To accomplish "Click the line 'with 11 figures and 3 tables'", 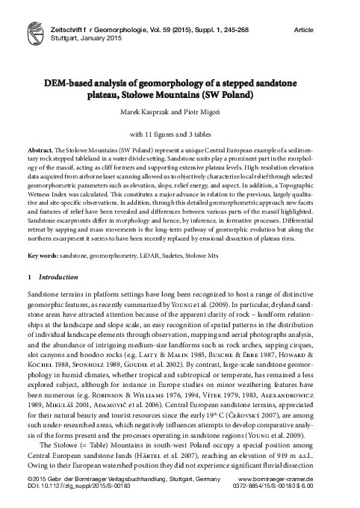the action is pos(179,135).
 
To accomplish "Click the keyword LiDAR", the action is pos(162,257).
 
